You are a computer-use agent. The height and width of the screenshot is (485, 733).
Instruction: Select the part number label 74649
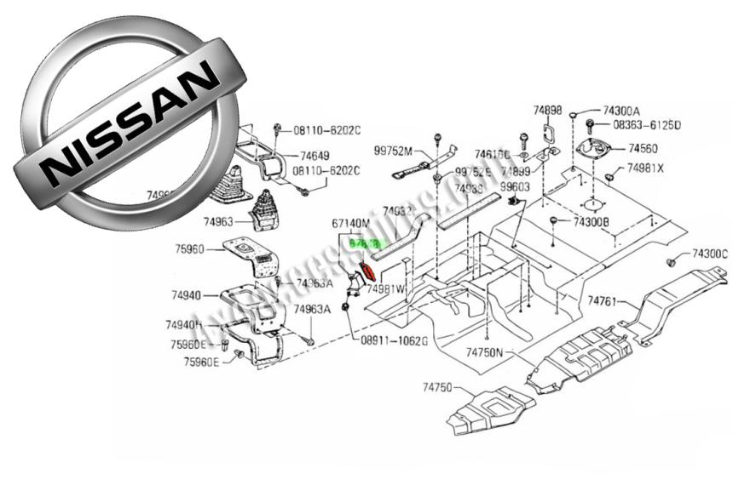(x=315, y=156)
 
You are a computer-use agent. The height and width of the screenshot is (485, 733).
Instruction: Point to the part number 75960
(x=190, y=250)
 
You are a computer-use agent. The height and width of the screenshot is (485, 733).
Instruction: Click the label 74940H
(x=184, y=324)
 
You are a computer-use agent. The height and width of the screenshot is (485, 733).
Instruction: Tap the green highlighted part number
(x=364, y=243)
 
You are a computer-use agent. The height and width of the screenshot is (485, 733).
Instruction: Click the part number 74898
(x=548, y=110)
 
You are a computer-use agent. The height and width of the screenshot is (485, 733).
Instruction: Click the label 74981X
(x=644, y=168)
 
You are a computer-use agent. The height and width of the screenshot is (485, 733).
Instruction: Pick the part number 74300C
(x=710, y=254)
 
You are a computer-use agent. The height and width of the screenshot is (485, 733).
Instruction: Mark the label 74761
(x=603, y=300)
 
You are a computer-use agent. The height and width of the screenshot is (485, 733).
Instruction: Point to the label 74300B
(x=591, y=222)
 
